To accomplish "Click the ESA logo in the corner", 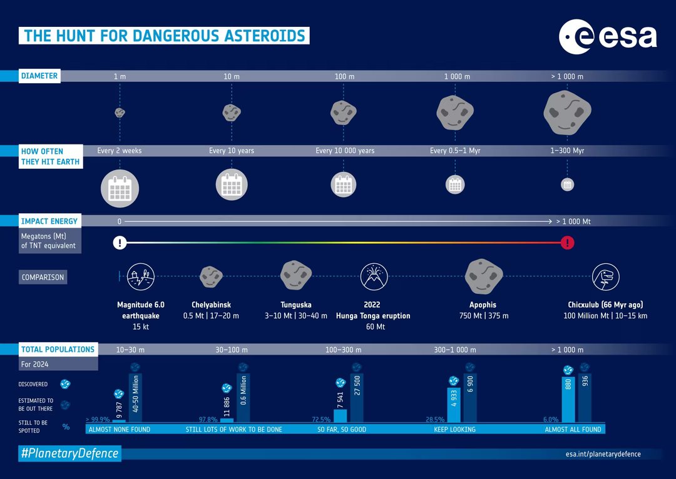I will pos(607,38).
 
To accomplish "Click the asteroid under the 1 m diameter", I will pos(120,113).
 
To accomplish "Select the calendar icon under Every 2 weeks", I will pos(119,187).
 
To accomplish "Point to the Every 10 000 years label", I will pos(345,151).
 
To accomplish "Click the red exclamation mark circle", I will pos(568,243).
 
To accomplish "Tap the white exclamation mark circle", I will pos(120,243).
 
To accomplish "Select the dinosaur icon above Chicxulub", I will pos(605,276).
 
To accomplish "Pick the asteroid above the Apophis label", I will pos(483,276).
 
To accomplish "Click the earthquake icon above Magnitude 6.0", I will pos(140,276).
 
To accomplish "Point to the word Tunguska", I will pos(296,305).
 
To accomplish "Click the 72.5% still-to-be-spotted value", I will pos(320,420).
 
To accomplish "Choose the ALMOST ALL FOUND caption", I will pos(573,430).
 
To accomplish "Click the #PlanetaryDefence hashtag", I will pos(69,454).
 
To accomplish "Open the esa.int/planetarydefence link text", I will pos(598,454).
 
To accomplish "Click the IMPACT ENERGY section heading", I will pos(49,221).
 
